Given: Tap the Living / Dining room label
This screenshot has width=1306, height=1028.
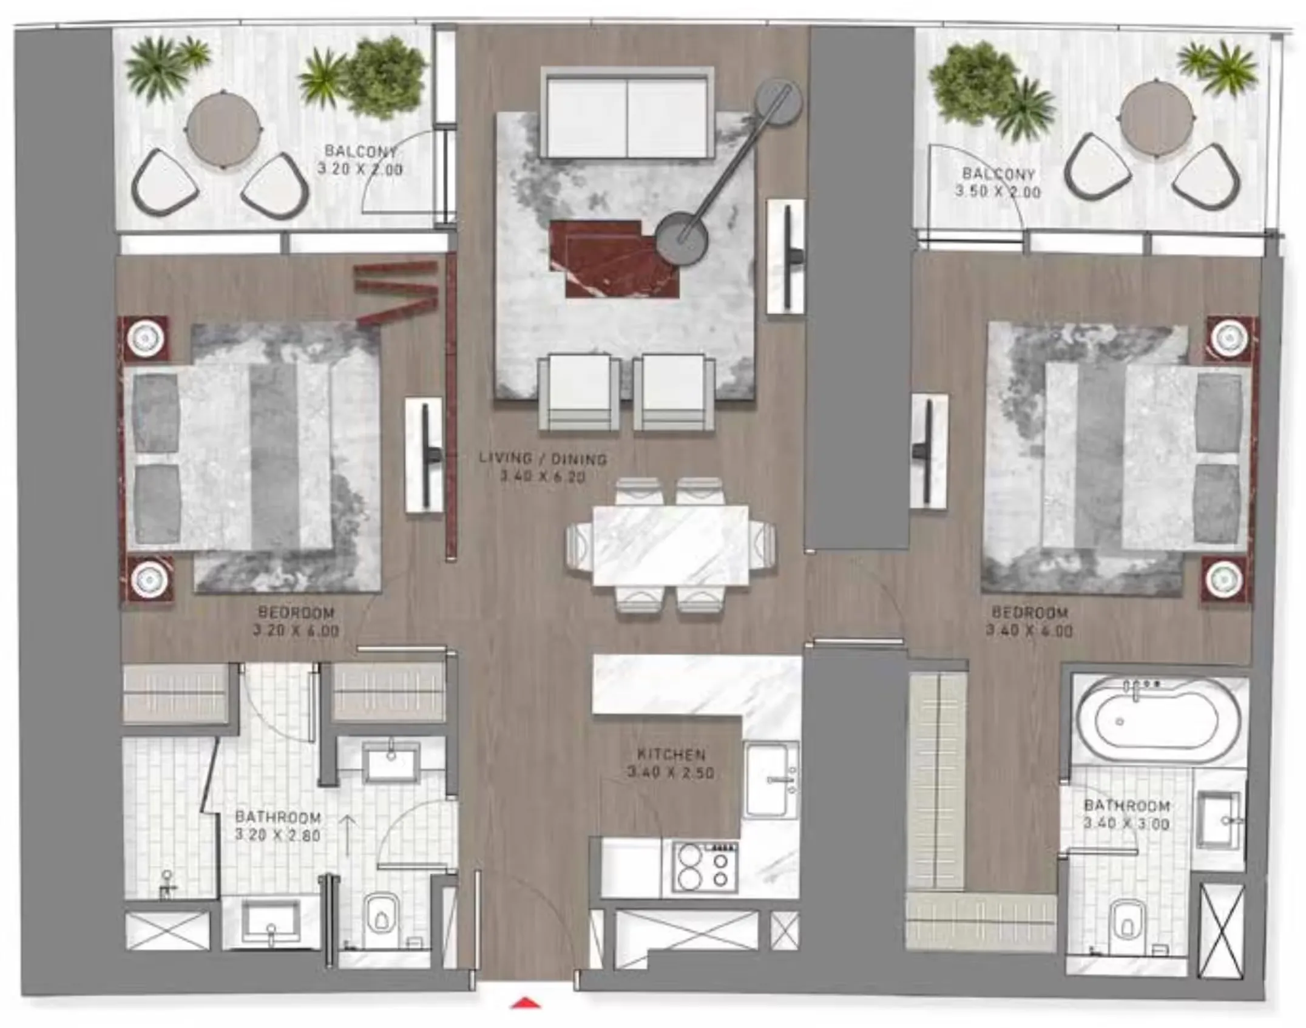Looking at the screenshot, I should [543, 459].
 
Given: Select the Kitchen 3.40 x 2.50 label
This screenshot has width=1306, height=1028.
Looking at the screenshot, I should [671, 764].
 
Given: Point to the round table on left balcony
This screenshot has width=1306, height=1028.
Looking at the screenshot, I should [224, 129].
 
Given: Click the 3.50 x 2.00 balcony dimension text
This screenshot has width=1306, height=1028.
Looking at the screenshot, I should [998, 192].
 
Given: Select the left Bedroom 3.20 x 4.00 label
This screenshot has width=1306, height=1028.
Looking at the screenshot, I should [296, 621].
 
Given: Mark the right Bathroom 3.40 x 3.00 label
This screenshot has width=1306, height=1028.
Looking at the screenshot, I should [1126, 814].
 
